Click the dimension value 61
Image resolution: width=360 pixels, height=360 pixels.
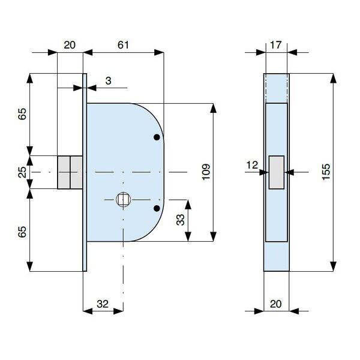click(123, 45)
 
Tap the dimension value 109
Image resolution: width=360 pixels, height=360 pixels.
click(206, 172)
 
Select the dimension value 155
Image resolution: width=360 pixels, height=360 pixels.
click(326, 172)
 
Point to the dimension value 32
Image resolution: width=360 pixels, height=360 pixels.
click(103, 304)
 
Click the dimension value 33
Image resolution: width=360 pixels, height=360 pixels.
click(181, 220)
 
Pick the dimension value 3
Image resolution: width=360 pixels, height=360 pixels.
click(108, 81)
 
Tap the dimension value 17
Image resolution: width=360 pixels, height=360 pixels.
click(275, 45)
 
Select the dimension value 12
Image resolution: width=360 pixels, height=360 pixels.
click(252, 165)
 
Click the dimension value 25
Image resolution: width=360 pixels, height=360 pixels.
click(22, 172)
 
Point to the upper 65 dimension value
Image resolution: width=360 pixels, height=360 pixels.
click(22, 113)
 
